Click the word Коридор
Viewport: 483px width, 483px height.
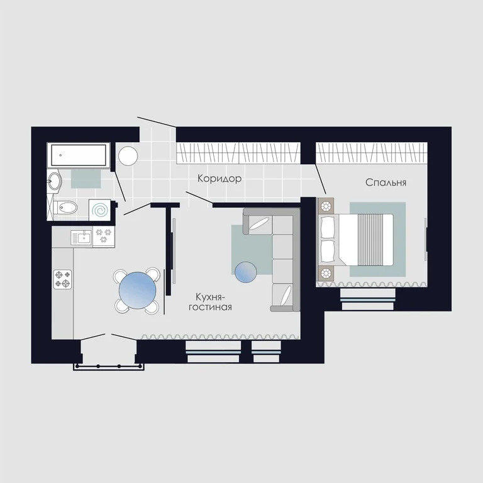pyautogui.click(x=219, y=179)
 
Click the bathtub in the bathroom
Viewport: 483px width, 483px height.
pyautogui.click(x=79, y=155)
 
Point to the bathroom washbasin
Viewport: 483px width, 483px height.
pyautogui.click(x=55, y=182)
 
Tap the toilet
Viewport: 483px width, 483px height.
pyautogui.click(x=66, y=208)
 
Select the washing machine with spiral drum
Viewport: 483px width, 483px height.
pyautogui.click(x=99, y=208)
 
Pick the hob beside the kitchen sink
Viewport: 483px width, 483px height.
pyautogui.click(x=104, y=236)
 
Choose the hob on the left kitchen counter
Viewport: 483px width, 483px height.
pyautogui.click(x=62, y=279)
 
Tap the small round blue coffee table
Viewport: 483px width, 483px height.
pyautogui.click(x=246, y=272)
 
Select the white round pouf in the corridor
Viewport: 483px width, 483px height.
pyautogui.click(x=128, y=156)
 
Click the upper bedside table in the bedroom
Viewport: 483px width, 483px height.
pyautogui.click(x=326, y=206)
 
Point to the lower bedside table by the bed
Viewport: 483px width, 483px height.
pyautogui.click(x=326, y=273)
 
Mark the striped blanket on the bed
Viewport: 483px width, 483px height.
pyautogui.click(x=372, y=240)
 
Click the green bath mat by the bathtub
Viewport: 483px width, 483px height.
pyautogui.click(x=86, y=179)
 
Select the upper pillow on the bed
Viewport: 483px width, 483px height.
pyautogui.click(x=328, y=227)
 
